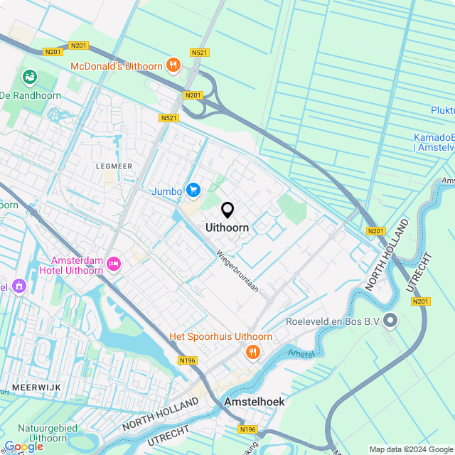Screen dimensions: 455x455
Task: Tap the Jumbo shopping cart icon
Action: (193, 190)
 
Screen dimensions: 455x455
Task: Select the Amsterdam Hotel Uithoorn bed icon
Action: (114, 265)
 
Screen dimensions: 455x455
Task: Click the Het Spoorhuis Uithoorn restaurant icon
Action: (252, 351)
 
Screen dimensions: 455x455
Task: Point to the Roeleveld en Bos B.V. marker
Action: (390, 321)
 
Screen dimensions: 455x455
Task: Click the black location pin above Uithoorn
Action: (227, 210)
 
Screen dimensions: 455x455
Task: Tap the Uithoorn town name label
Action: (227, 228)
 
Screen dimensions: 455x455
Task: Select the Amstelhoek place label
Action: (254, 402)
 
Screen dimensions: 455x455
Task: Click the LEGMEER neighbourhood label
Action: (114, 166)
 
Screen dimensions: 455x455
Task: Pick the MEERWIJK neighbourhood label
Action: (36, 387)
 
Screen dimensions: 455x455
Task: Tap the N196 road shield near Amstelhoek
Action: (247, 429)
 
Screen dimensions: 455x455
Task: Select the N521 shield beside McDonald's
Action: (200, 53)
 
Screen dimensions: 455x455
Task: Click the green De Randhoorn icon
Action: (30, 76)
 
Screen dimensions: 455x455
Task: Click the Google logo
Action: (23, 446)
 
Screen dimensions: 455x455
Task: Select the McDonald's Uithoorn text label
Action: (117, 66)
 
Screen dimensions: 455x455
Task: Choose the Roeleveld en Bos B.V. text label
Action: (328, 321)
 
